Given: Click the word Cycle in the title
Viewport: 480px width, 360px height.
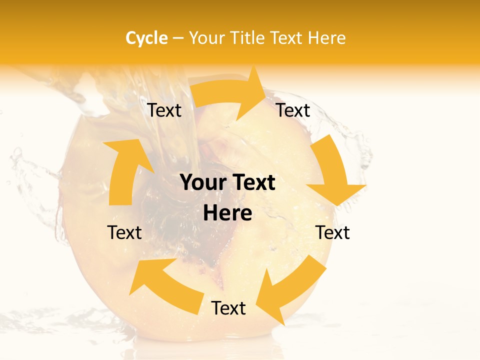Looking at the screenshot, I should click(146, 38).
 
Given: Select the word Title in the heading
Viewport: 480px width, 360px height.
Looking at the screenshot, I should click(247, 38).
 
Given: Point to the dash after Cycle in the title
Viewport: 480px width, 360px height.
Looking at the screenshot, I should click(177, 38).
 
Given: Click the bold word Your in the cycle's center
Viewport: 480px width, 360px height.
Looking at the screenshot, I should click(202, 183).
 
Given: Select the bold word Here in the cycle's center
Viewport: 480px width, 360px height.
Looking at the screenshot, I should click(227, 213).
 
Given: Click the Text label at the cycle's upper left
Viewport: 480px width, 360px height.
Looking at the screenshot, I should click(164, 110).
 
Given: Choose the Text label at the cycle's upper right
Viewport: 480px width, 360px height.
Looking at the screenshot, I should click(293, 110).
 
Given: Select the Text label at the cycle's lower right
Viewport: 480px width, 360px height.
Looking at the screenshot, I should click(332, 232).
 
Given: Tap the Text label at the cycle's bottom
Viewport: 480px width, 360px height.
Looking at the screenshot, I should click(228, 308).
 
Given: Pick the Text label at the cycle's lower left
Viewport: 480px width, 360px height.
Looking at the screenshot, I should click(124, 232).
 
